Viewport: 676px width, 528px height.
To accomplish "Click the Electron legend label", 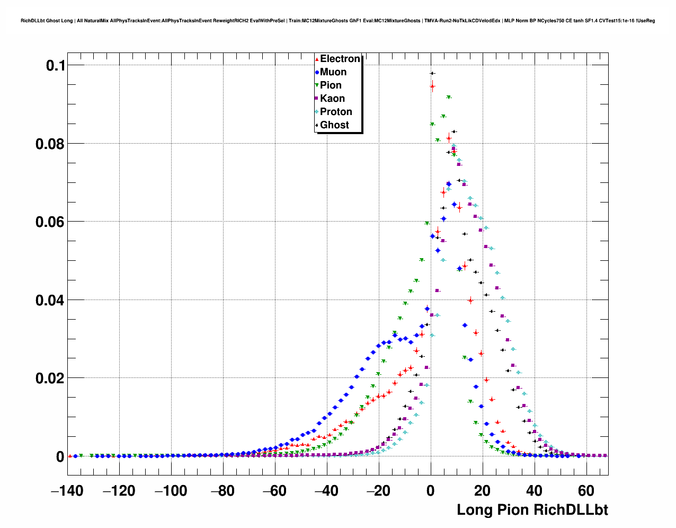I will coord(340,59).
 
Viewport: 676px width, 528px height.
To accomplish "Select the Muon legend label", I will coord(333,72).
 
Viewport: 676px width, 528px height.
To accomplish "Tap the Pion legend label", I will coord(331,85).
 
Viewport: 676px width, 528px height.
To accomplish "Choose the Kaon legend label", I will coord(332,99).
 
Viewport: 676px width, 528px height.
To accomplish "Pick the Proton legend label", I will coord(336,112).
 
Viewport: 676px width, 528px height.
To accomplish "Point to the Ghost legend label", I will coord(334,125).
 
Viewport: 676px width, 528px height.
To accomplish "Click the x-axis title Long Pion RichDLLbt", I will coord(532,510).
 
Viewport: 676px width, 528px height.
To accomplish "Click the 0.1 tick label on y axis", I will coord(56,66).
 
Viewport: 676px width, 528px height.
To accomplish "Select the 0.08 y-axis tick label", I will coord(50,144).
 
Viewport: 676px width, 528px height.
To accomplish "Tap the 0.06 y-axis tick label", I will coord(50,222).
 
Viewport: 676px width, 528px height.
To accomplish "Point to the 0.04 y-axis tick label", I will coord(50,301).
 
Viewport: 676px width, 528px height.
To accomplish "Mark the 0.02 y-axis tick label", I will coord(50,379).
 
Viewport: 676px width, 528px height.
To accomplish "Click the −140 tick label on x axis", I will coord(67,491).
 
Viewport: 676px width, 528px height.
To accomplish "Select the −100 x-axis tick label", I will coord(171,491).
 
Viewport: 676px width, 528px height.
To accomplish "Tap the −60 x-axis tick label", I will coord(274,491).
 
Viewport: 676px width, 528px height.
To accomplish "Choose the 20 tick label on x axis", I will coord(482,491).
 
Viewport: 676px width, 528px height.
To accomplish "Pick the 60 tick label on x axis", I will coord(586,491).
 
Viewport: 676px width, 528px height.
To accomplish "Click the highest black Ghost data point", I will coord(432,73).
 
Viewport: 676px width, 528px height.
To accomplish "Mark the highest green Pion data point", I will coord(449,98).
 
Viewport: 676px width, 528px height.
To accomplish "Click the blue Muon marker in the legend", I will coord(317,72).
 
